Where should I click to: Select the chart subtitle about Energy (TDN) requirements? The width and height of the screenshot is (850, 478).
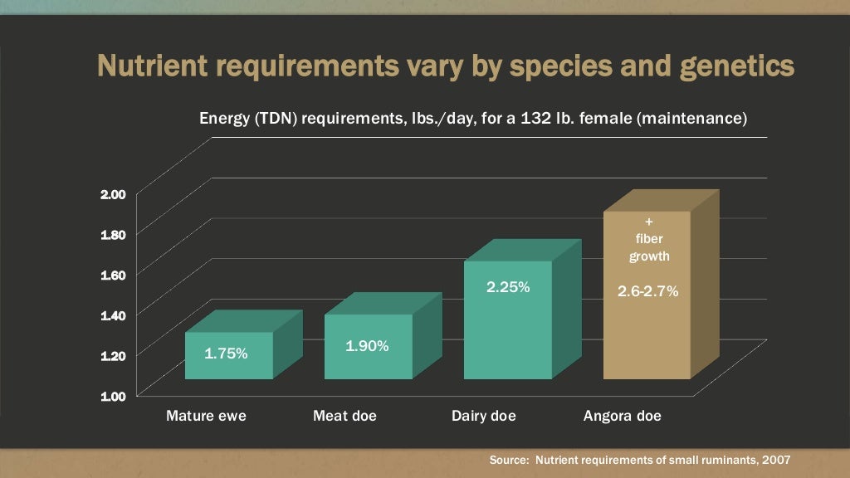(x=473, y=119)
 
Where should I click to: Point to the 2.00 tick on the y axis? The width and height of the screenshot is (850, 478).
(x=113, y=194)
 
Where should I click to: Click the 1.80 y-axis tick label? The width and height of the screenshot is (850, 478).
(x=113, y=234)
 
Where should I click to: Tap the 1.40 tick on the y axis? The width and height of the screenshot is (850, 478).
(x=113, y=315)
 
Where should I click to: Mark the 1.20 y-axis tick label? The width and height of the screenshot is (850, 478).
(x=113, y=355)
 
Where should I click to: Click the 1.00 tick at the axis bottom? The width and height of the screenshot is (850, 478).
(x=113, y=396)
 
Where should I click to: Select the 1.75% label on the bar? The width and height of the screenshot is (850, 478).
(x=226, y=354)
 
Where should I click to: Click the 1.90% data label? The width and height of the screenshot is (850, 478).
(x=367, y=346)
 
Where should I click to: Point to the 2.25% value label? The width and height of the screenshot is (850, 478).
(x=508, y=287)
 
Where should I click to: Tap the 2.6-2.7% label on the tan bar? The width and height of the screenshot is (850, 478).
(x=648, y=291)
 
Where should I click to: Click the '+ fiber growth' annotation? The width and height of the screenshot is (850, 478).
(x=648, y=240)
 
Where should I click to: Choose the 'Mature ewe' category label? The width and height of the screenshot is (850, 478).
(x=206, y=416)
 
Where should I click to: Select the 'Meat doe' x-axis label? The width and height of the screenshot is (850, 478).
(x=344, y=416)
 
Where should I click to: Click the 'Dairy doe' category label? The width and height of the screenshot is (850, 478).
(x=484, y=416)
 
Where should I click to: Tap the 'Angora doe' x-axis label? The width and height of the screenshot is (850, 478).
(x=623, y=416)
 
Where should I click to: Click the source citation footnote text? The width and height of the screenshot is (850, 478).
(x=639, y=459)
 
